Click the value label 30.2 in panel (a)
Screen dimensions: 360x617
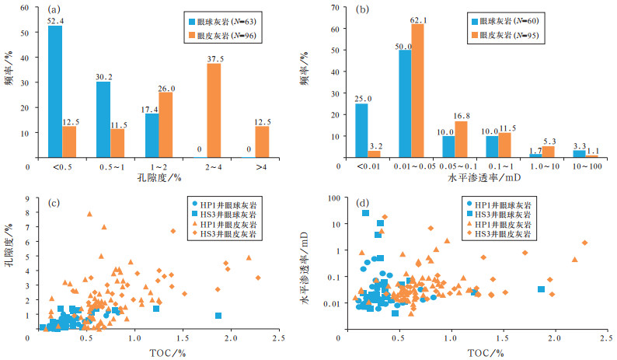point(103,75)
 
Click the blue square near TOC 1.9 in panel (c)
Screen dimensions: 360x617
point(218,316)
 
